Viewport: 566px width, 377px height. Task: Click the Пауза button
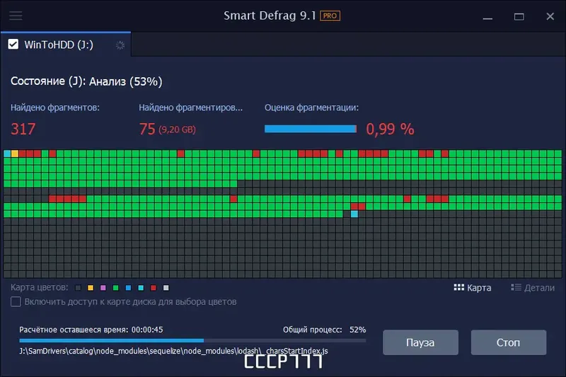420,342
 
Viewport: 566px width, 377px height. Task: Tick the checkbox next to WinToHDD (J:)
13,45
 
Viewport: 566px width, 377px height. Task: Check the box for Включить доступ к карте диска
16,302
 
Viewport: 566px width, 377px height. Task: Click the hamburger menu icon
16,16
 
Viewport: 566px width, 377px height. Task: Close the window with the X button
550,16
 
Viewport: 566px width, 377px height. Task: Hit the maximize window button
519,16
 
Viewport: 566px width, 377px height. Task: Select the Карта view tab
472,288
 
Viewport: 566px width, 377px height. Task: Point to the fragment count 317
23,129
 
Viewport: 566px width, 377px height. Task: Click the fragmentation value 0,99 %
390,129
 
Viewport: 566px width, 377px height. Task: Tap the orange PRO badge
330,16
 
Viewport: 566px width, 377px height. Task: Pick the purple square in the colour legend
102,288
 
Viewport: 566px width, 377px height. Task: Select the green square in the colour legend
115,288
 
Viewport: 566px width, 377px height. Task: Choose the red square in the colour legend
154,288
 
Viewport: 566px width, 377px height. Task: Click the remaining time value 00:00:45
147,330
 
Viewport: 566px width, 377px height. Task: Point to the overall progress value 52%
357,330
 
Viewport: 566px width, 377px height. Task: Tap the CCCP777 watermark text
283,361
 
